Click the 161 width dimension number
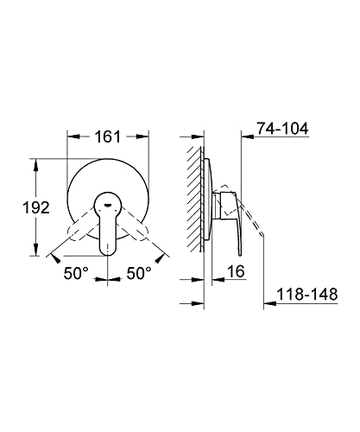click(x=108, y=137)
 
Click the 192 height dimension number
click(x=36, y=207)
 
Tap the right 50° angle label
click(x=139, y=273)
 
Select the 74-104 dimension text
click(x=282, y=129)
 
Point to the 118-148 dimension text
click(x=307, y=295)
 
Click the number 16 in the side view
click(x=236, y=271)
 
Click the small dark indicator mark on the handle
click(x=108, y=205)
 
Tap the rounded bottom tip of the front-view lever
click(x=108, y=255)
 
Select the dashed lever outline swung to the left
click(x=81, y=227)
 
